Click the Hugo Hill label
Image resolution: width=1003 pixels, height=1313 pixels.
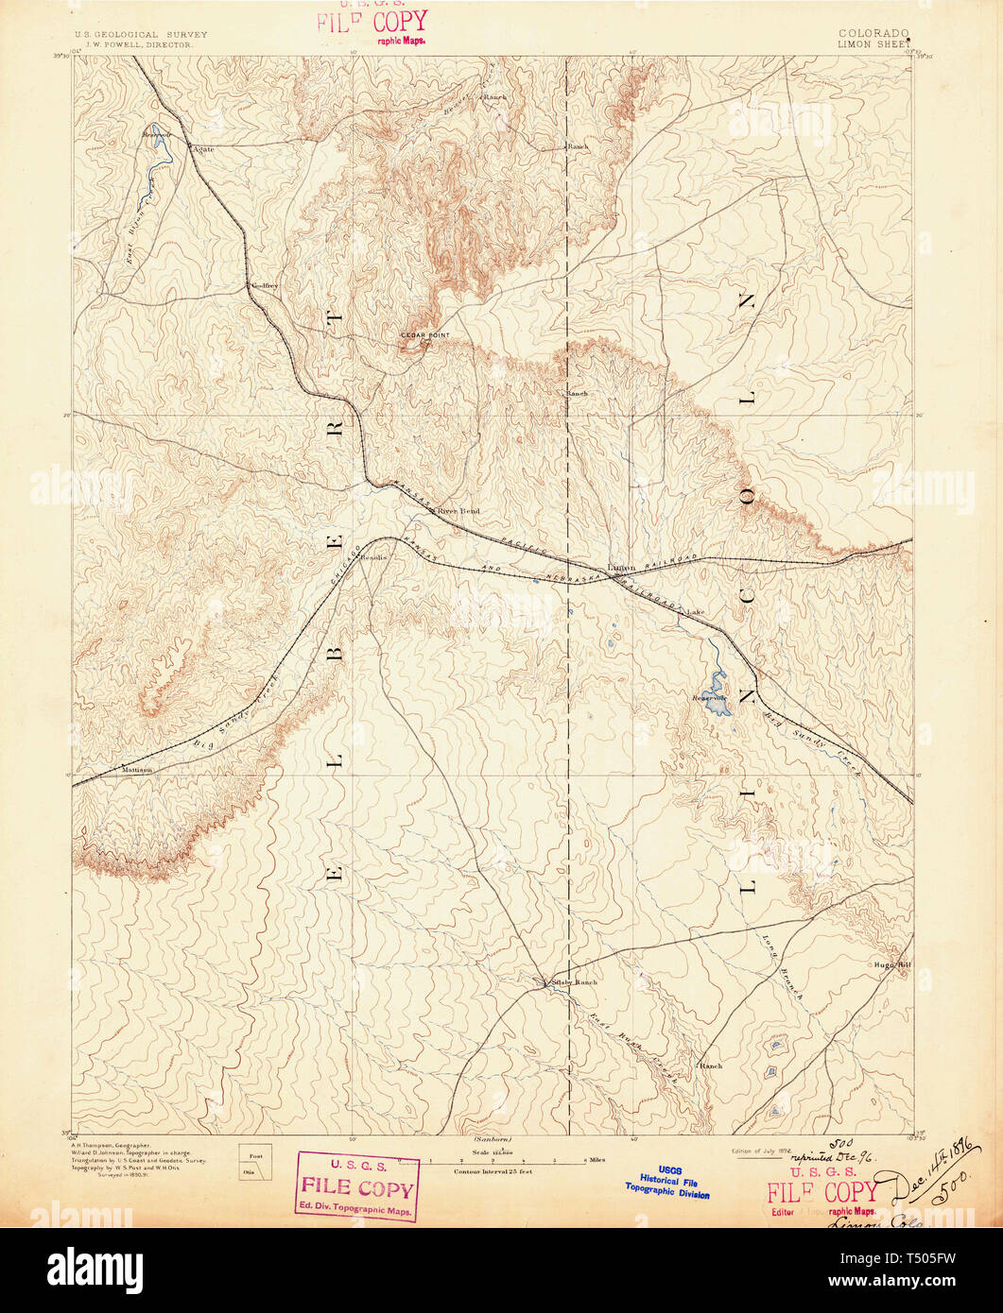tap(891, 964)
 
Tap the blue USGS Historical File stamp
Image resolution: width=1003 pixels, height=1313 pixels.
tap(669, 1183)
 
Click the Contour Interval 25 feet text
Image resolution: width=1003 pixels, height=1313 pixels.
tap(493, 1170)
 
